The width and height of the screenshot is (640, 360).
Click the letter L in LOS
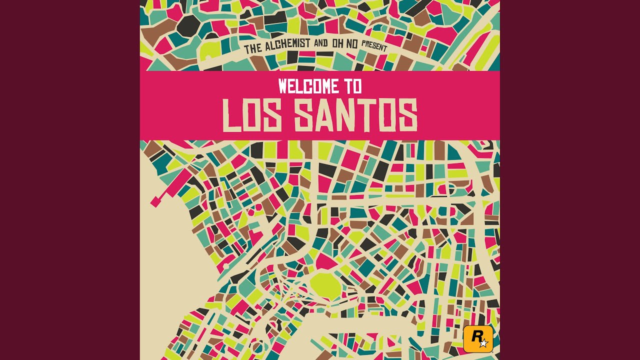click(x=229, y=115)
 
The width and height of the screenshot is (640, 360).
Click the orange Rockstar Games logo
click(x=478, y=338)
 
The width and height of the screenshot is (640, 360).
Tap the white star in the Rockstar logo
click(x=483, y=343)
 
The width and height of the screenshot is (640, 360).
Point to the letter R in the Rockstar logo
click(x=475, y=336)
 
